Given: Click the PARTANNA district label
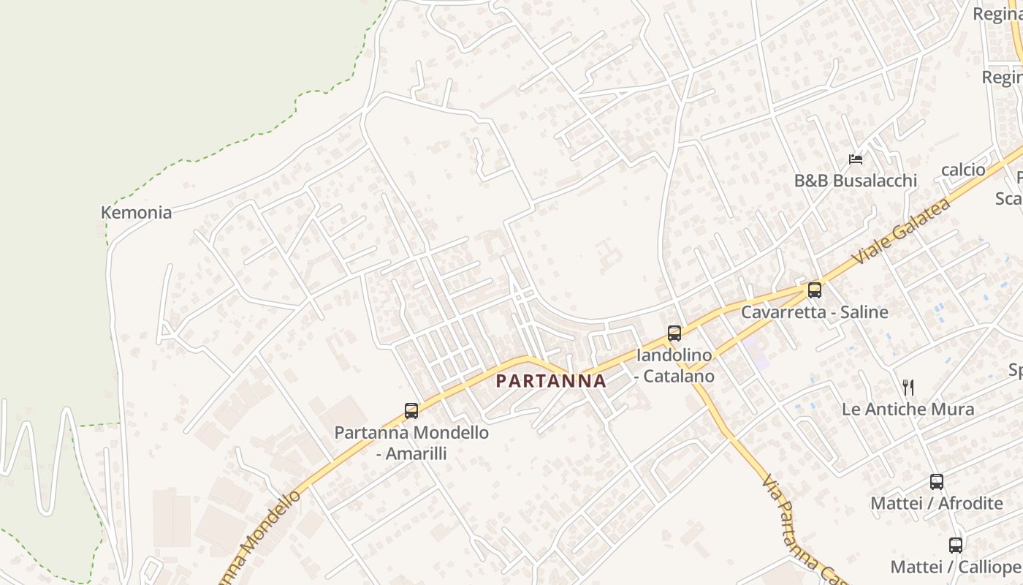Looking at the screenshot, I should pos(551,381).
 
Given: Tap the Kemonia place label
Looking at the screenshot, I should pos(136,213).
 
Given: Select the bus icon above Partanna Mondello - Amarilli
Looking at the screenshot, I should pos(411,411).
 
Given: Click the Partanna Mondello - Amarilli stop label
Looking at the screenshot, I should pos(411,442).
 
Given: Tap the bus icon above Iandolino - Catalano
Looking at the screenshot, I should pos(674,333).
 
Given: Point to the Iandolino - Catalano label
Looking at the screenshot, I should pos(674,366).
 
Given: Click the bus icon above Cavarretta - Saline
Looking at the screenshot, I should pos(815,290).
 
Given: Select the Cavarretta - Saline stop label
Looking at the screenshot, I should pos(815,312).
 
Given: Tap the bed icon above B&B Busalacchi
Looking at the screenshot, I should pos(856,159).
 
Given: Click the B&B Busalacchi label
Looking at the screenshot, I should pos(855,181).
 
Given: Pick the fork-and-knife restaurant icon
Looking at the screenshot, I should pos(908,388).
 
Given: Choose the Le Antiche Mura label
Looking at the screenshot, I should pos(908,409).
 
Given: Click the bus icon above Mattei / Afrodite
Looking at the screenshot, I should pos(937,482).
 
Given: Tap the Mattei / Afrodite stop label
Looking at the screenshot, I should pos(936,503).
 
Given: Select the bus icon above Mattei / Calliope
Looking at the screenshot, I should pos(956,546).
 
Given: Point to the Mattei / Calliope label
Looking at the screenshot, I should pos(956,567).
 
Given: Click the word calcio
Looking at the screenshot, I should pos(963,170).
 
